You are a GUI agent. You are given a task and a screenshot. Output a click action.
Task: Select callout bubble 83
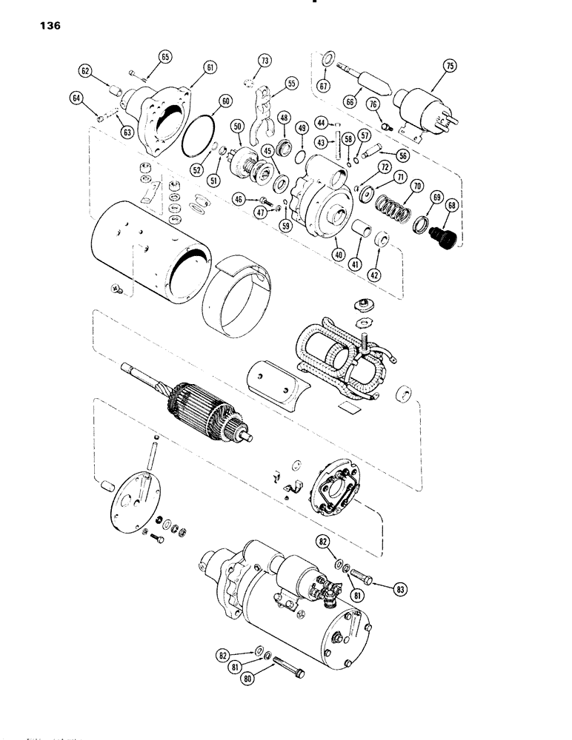point(381,590)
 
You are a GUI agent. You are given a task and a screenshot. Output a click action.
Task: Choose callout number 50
point(237,128)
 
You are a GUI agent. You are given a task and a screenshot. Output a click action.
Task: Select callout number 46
point(239,199)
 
